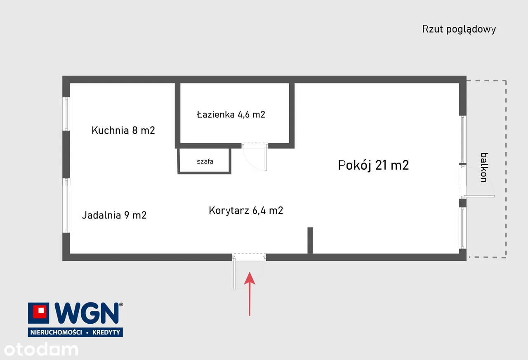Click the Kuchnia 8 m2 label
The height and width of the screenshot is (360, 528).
click(123, 130)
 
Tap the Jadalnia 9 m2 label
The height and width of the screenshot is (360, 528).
click(114, 215)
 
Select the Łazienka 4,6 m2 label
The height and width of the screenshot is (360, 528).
click(231, 114)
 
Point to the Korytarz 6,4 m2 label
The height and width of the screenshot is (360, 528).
click(246, 211)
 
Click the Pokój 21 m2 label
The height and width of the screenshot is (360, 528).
click(373, 165)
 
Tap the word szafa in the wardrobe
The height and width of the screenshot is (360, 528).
click(205, 161)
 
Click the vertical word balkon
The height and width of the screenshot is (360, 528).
click(484, 167)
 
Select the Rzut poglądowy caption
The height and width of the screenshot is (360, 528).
click(459, 29)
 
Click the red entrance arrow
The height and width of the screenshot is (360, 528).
click(250, 293)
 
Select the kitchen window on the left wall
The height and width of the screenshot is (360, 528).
click(66, 114)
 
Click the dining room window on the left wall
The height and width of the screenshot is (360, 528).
click(66, 205)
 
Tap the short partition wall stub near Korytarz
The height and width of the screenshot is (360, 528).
click(310, 240)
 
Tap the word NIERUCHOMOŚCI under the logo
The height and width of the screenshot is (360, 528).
click(54, 332)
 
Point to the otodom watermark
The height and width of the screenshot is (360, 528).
click(39, 349)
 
